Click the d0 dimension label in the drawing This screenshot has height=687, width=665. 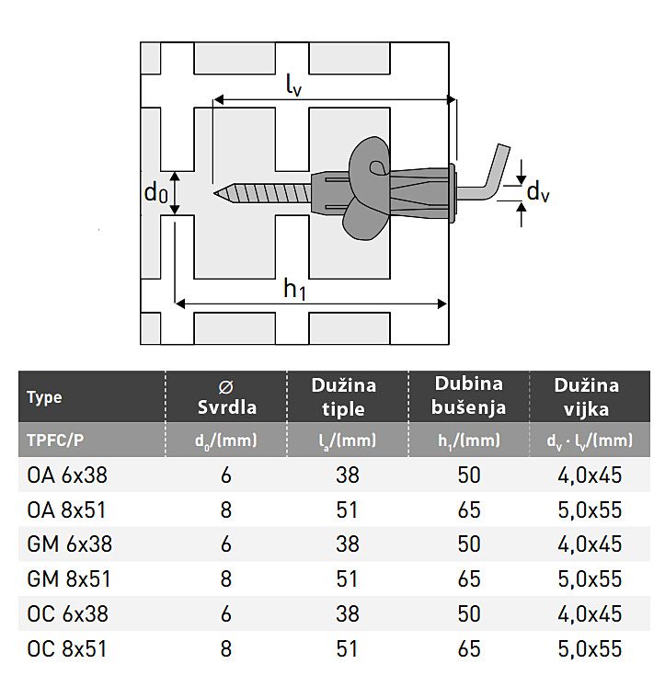[x=156, y=192]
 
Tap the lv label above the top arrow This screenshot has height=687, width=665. [x=293, y=84]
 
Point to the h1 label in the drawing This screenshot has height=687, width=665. [x=294, y=289]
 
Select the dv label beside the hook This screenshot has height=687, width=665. [x=537, y=192]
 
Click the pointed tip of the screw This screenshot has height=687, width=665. [x=214, y=193]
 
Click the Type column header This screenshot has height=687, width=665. [x=44, y=397]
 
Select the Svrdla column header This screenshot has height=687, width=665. [x=226, y=398]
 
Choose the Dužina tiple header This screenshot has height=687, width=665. [x=343, y=397]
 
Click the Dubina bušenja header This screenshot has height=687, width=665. [x=468, y=395]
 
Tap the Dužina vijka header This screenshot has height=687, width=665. [x=587, y=397]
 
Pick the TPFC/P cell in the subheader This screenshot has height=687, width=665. [x=55, y=440]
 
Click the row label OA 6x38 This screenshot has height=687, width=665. [x=67, y=475]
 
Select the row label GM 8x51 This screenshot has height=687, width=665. [x=69, y=579]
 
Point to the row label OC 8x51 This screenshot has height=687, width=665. [x=67, y=649]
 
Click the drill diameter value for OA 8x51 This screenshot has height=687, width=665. [x=226, y=510]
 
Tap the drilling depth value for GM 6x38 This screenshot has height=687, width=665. [x=469, y=544]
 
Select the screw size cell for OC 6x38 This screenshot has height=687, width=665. [x=590, y=614]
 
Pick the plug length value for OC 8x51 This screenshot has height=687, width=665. [x=347, y=649]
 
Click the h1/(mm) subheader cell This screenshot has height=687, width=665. [x=469, y=441]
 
